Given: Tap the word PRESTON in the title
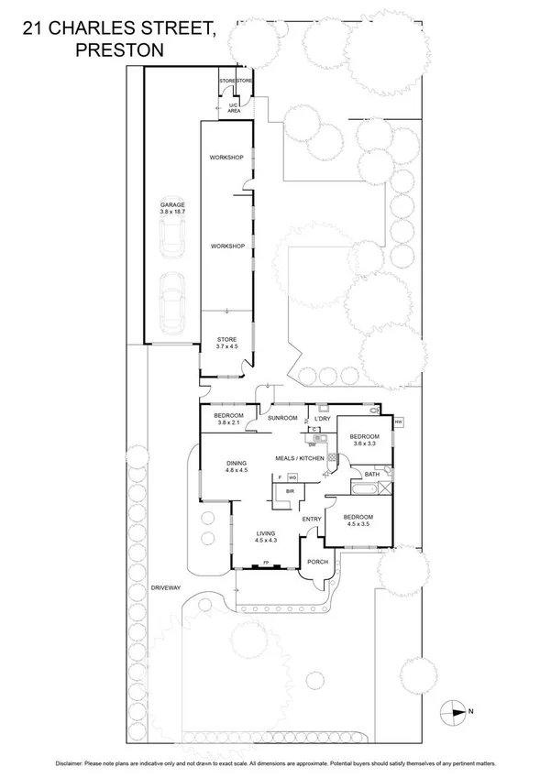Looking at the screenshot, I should [118, 51].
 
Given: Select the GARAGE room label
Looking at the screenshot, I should [171, 204].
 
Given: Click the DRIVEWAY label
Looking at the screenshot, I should [165, 589].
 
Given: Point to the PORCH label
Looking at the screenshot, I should [317, 562].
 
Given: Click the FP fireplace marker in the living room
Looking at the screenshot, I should [266, 563].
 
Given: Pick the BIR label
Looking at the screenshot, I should [290, 491].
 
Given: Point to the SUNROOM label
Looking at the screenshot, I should [282, 418].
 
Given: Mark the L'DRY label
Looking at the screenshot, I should [322, 418].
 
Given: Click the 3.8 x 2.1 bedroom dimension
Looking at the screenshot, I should [227, 423].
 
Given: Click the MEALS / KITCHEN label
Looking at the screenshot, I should [300, 457].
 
